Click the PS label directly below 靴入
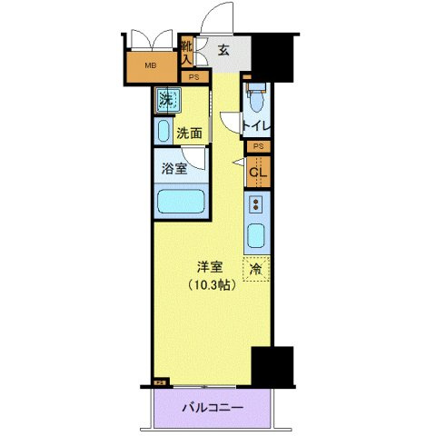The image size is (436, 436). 193,77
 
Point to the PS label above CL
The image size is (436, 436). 258,146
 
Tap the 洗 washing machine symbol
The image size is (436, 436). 166,100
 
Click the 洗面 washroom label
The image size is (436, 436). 188,133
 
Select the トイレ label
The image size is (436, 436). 257,127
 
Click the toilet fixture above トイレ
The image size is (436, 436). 256,95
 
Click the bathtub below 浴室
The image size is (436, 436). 178,202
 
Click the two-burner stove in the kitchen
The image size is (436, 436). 256,203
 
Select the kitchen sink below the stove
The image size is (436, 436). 256,237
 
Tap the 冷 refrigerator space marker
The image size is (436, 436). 256,269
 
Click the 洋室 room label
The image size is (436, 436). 211,266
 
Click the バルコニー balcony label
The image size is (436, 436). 212,407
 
